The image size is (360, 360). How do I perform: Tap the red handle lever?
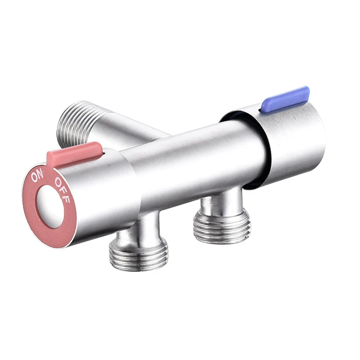pyautogui.click(x=74, y=153)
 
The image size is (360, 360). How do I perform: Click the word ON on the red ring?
pyautogui.click(x=37, y=176)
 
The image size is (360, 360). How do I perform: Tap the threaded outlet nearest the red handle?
pyautogui.click(x=138, y=254)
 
